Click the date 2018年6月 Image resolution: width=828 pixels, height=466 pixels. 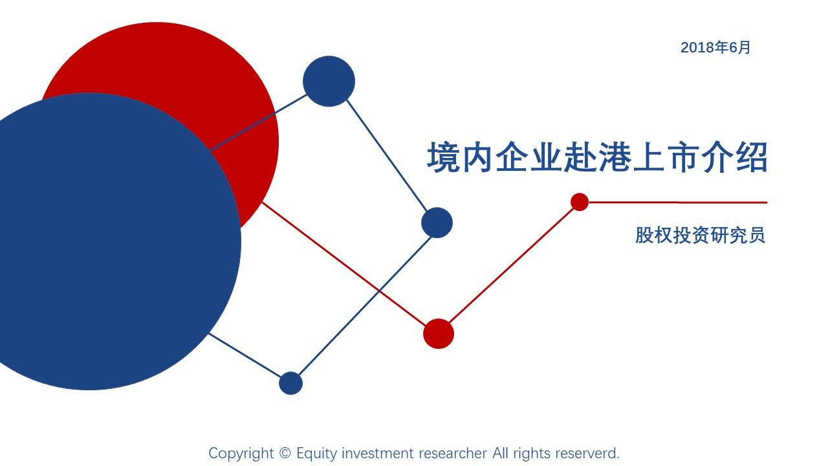715,47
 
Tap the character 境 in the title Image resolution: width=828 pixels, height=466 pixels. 443,158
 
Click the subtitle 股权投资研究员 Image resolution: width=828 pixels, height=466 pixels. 700,234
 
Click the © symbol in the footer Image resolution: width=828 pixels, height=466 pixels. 285,454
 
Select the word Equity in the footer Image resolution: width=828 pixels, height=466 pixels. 317,454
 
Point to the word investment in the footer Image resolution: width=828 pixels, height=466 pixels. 378,454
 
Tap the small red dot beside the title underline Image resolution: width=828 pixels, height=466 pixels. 580,202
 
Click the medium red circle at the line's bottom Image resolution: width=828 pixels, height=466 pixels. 439,334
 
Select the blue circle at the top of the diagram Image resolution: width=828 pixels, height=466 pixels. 329,81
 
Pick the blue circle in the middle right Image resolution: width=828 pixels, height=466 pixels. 437,223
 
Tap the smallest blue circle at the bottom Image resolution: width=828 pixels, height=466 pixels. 290,383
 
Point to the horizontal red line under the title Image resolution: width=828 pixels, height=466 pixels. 679,203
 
